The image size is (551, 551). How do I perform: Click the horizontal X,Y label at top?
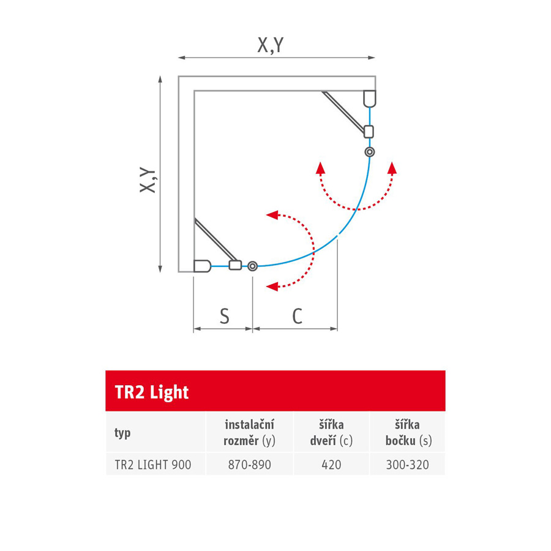(x=270, y=45)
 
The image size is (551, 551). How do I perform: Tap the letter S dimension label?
(x=224, y=316)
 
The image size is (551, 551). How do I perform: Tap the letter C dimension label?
(x=296, y=316)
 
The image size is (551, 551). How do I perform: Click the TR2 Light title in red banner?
(x=152, y=392)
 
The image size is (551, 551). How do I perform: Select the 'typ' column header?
(x=122, y=433)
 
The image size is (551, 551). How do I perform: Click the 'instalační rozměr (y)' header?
(x=249, y=433)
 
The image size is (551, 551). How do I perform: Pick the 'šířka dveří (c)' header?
(x=331, y=433)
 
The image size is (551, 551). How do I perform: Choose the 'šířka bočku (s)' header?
(x=407, y=433)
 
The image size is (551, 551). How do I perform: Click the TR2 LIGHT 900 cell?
(x=153, y=465)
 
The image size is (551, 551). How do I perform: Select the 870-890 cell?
(x=249, y=465)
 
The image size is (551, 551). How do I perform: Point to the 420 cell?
(x=331, y=465)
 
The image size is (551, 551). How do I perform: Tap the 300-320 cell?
(x=407, y=465)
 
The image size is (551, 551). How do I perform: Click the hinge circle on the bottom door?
(x=252, y=266)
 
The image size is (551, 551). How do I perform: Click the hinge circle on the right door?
(x=369, y=151)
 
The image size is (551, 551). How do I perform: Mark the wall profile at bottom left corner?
(x=202, y=266)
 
